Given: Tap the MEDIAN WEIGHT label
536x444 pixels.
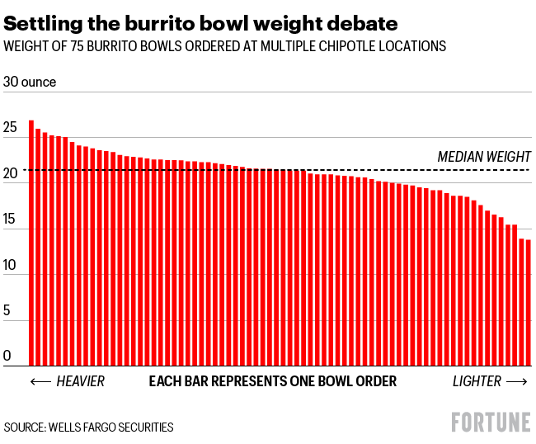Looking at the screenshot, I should coord(484,157).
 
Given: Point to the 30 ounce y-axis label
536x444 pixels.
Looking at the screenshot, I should coord(31,83).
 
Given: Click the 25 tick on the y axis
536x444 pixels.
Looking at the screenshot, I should coord(10,129).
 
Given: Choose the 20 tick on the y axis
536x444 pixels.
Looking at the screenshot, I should coord(10,174).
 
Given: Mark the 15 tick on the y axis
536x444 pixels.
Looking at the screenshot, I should coord(10,220).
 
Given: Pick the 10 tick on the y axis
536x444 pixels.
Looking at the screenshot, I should coord(10,266).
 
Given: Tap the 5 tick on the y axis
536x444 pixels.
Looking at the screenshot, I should coord(7,312).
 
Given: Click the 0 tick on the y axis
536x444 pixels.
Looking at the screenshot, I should coord(7,357).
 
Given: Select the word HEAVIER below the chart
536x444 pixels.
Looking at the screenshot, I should coord(81,381).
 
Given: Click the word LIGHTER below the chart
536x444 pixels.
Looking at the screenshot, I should coord(477,381).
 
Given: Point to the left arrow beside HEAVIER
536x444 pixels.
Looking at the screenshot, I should coord(40,381).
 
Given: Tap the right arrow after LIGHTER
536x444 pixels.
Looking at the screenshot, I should coord(517,381).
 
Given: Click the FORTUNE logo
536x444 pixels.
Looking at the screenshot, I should coord(491,422).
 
